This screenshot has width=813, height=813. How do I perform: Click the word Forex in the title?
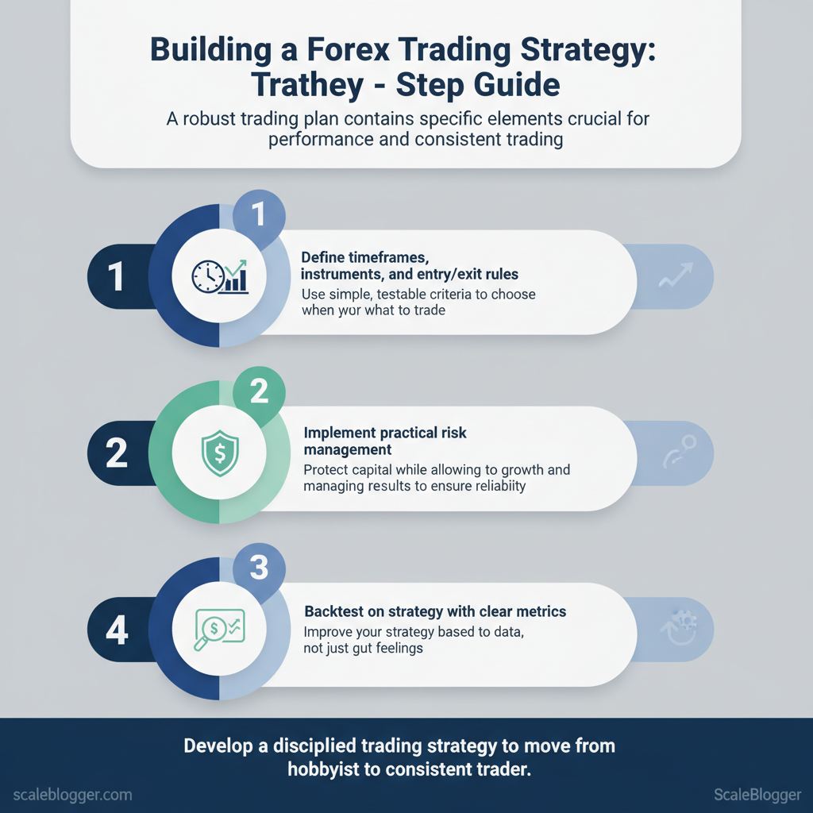click(348, 49)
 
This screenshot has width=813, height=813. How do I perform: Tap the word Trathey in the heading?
click(307, 85)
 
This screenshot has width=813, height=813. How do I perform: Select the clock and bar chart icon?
click(220, 276)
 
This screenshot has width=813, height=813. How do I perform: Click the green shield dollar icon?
click(220, 453)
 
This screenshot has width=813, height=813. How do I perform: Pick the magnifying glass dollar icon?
click(219, 629)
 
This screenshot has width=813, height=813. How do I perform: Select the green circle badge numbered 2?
click(259, 391)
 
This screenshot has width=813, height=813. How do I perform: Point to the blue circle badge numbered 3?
click(259, 568)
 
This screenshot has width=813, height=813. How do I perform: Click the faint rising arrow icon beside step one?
click(676, 275)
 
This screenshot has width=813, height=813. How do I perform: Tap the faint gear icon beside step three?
click(680, 627)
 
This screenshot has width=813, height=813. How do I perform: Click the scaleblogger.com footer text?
click(72, 795)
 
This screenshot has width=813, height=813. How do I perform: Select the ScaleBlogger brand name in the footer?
click(757, 795)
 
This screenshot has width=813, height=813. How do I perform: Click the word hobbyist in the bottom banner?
click(323, 769)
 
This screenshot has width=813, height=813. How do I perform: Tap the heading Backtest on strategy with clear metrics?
click(435, 612)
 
